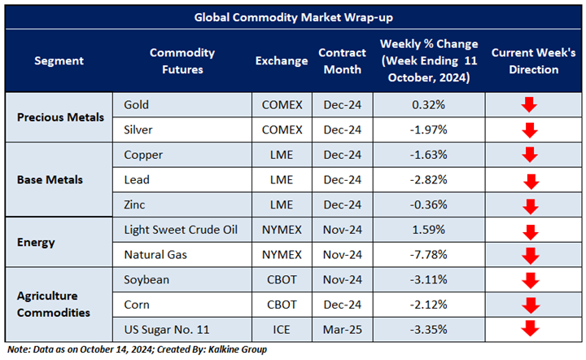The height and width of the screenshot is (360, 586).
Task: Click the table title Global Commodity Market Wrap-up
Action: (292, 16)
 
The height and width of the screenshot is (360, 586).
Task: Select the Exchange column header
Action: (282, 61)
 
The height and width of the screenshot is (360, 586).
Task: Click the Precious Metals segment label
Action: (61, 116)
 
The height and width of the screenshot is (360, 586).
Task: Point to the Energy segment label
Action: (36, 242)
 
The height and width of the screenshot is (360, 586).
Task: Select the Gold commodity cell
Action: (138, 104)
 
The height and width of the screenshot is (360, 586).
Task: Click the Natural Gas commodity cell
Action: (155, 254)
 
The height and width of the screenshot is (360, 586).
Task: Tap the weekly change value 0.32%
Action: (428, 104)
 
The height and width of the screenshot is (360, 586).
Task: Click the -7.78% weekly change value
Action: (428, 254)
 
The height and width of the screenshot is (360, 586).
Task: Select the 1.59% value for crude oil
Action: (428, 229)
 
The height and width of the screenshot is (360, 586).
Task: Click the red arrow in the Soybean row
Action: (530, 280)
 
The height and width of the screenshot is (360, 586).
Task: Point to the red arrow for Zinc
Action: (531, 206)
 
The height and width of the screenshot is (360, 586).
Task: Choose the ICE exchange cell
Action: (282, 329)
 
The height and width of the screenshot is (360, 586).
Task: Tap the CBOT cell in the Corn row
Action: (282, 304)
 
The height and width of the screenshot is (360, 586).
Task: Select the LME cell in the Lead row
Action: (282, 179)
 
